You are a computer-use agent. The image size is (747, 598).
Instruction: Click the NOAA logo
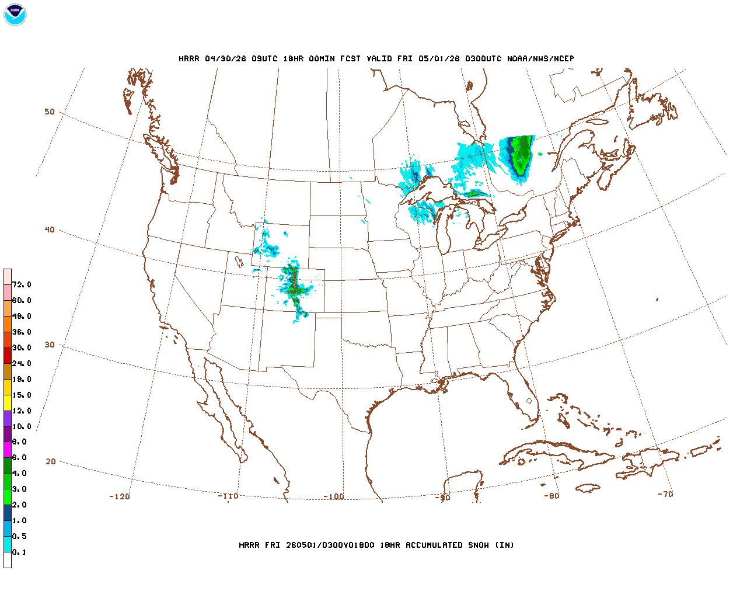click(15, 15)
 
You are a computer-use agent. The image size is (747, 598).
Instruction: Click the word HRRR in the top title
click(189, 58)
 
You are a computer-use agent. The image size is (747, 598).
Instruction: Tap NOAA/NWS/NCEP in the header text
click(541, 58)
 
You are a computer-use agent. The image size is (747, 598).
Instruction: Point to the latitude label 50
click(50, 112)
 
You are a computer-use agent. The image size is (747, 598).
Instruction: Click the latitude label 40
click(50, 230)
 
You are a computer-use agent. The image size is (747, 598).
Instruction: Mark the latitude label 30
click(50, 345)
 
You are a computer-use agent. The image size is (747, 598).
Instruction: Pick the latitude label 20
click(51, 461)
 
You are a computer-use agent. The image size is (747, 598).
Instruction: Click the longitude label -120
click(120, 496)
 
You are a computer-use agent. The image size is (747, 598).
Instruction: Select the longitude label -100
click(334, 496)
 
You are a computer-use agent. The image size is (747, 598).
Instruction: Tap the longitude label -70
click(665, 494)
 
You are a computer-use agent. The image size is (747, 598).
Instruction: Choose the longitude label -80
click(551, 496)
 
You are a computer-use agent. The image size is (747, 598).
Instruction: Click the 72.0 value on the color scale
click(22, 284)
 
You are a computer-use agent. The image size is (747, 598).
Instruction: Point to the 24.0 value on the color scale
click(22, 363)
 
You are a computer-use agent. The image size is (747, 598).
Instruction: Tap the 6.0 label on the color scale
click(19, 458)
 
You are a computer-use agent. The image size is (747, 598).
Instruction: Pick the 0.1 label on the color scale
click(19, 552)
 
